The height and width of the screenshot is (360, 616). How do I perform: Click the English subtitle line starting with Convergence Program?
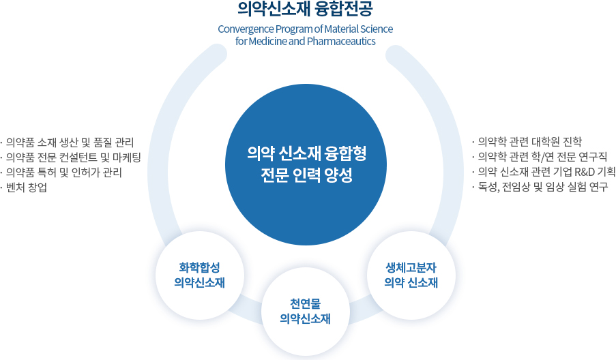tap(305, 29)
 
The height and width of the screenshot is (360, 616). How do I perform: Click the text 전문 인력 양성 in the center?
tap(306, 175)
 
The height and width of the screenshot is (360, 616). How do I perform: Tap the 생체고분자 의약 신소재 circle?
tap(411, 274)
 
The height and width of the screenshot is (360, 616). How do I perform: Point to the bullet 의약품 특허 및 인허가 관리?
tap(65, 172)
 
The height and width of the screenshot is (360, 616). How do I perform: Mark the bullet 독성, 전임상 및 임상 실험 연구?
tap(539, 187)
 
